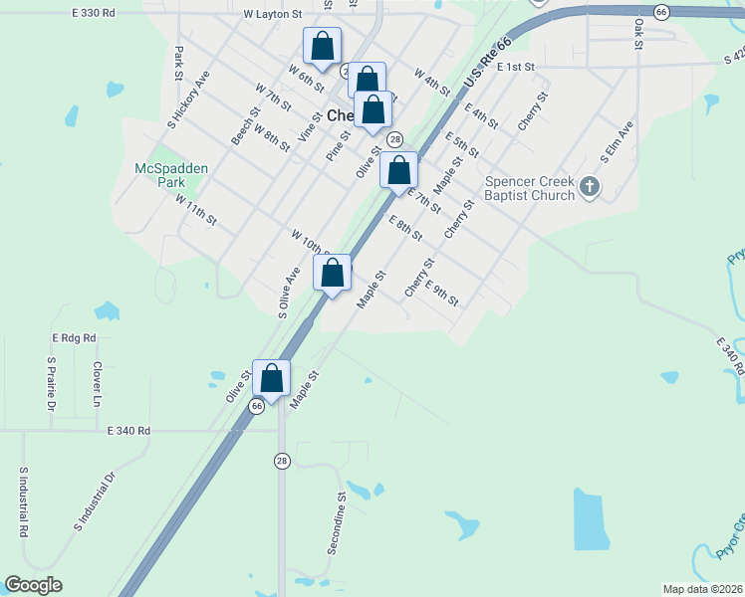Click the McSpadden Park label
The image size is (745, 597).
[171, 176]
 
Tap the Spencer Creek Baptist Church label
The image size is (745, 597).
[530, 188]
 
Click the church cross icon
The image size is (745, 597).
[590, 186]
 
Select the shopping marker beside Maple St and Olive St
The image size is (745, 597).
[271, 378]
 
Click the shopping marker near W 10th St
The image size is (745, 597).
[333, 273]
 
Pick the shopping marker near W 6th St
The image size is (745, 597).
[322, 46]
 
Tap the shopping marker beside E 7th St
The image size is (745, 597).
[398, 172]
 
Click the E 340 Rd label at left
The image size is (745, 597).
[128, 431]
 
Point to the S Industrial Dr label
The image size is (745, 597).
[95, 500]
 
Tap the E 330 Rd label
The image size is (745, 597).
[95, 13]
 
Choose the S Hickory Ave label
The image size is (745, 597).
[188, 100]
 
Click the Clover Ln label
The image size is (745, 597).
[98, 376]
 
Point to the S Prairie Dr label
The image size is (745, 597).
[51, 384]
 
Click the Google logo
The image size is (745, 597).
[33, 585]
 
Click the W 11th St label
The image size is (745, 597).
[195, 212]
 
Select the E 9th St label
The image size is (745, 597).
[441, 294]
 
